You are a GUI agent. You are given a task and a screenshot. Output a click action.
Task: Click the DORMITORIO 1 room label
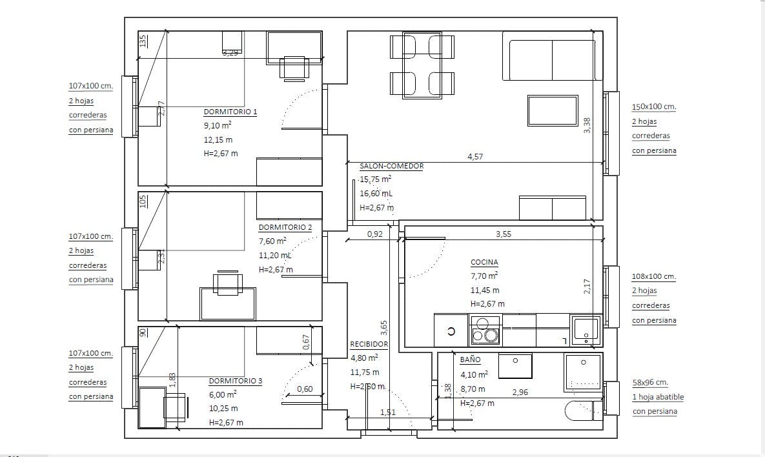pyautogui.click(x=230, y=112)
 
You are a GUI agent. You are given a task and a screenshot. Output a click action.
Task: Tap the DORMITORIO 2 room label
pyautogui.click(x=285, y=227)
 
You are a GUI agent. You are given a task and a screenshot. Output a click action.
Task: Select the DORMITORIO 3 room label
pyautogui.click(x=235, y=381)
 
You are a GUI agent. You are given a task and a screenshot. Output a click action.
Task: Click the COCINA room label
pyautogui.click(x=484, y=262)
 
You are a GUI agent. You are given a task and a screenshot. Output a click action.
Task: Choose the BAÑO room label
pyautogui.click(x=470, y=360)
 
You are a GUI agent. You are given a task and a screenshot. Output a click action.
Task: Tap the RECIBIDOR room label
pyautogui.click(x=369, y=344)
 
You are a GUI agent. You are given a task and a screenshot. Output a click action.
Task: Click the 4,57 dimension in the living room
pyautogui.click(x=474, y=157)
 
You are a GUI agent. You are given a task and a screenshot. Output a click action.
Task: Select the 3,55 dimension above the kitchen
pyautogui.click(x=503, y=234)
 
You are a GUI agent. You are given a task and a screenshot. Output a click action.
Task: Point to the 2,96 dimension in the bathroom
pyautogui.click(x=520, y=392)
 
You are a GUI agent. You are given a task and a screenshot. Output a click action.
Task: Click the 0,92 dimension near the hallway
pyautogui.click(x=374, y=234)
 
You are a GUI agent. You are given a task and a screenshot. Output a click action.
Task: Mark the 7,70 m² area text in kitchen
pyautogui.click(x=484, y=276)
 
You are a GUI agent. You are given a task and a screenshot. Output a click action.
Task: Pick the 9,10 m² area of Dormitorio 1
pyautogui.click(x=218, y=127)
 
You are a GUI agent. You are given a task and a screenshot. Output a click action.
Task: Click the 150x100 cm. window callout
pyautogui.click(x=653, y=107)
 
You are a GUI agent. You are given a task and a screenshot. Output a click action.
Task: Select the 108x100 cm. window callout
pyautogui.click(x=653, y=276)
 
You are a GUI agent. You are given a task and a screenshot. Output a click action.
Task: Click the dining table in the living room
pyautogui.click(x=422, y=65)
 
